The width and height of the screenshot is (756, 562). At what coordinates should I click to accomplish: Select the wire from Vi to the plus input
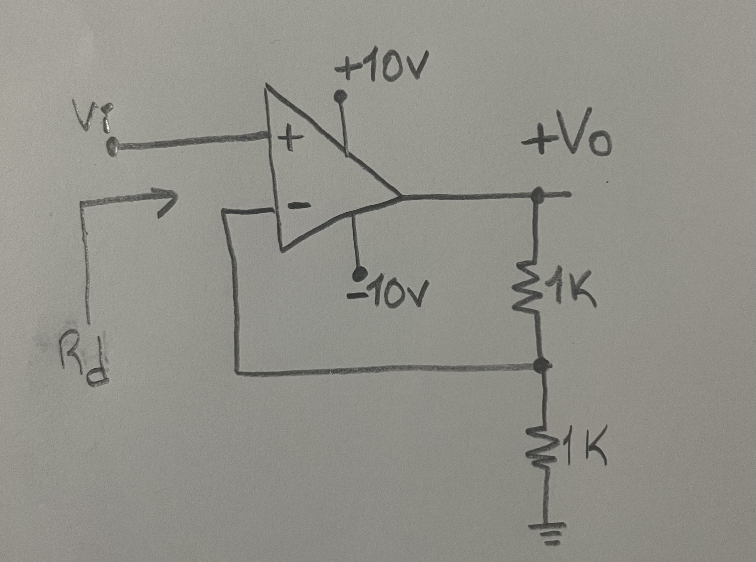[x=191, y=142]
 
